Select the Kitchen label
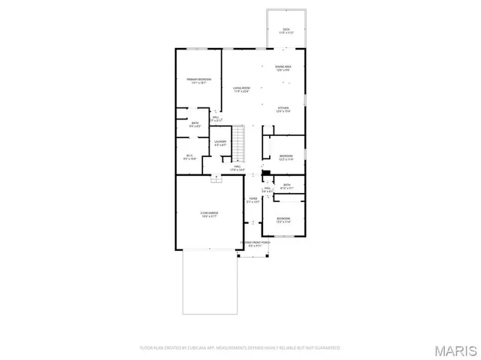(283, 110)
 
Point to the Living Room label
(240, 89)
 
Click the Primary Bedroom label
(198, 81)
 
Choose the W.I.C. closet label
(189, 158)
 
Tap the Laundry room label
(220, 143)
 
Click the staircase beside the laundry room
(238, 143)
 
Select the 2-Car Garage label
(209, 214)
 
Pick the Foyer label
(253, 200)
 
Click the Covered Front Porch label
(255, 244)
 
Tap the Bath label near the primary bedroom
(195, 125)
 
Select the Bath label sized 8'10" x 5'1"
(286, 186)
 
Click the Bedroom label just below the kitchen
(286, 157)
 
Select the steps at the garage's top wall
(216, 179)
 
